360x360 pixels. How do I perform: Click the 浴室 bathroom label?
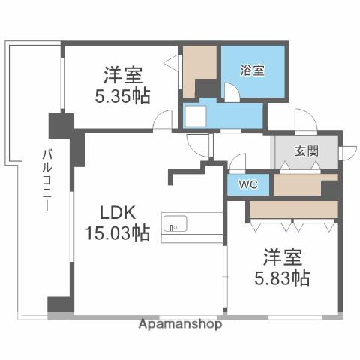[x=253, y=70]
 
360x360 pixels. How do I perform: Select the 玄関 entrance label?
[x=306, y=150]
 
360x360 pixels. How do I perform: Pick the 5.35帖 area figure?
[x=124, y=96]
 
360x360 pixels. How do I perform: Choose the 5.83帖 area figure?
[x=282, y=277]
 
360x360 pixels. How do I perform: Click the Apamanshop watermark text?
[x=180, y=324]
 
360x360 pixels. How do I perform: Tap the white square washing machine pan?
[x=197, y=116]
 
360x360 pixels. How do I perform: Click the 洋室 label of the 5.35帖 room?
[x=124, y=75]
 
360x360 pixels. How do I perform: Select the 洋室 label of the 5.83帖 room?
[x=282, y=256]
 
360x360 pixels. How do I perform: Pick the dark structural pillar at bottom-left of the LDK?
[x=59, y=304]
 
